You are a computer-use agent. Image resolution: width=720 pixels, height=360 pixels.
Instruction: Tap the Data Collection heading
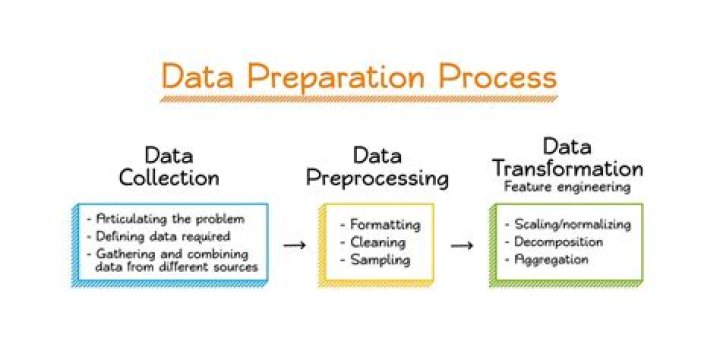[x=169, y=167]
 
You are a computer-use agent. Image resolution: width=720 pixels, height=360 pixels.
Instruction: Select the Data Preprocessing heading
[x=378, y=167]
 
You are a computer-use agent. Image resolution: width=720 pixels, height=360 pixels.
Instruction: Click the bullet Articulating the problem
[x=164, y=219]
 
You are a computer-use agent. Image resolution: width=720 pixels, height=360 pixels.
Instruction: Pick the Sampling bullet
[x=376, y=259]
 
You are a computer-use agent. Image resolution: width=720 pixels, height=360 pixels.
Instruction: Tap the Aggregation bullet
[x=551, y=259]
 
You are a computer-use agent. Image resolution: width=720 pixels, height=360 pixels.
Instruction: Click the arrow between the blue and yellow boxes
[x=294, y=244]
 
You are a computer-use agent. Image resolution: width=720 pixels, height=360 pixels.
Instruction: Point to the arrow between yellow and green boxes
[x=462, y=244]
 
